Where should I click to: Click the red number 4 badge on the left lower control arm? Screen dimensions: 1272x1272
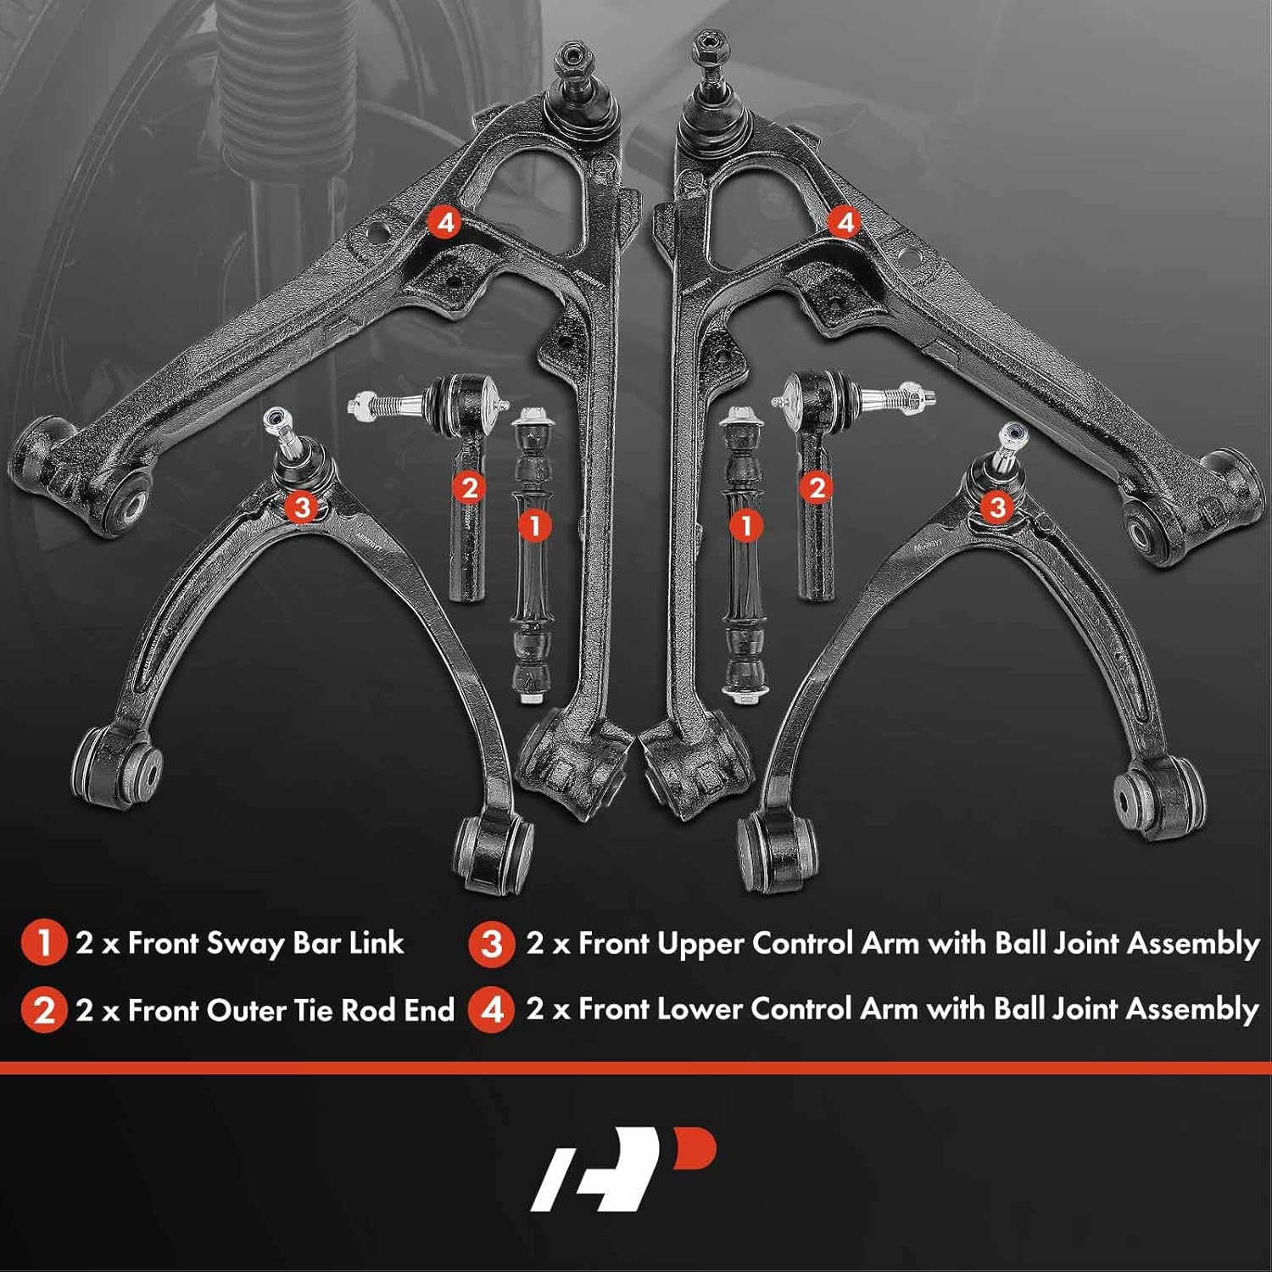click(x=444, y=223)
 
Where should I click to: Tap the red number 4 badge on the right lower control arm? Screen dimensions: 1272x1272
click(x=845, y=223)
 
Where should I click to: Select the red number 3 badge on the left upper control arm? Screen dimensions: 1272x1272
click(x=301, y=507)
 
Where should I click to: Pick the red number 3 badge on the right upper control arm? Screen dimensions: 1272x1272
click(x=997, y=507)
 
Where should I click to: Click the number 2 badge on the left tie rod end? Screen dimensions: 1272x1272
click(x=470, y=488)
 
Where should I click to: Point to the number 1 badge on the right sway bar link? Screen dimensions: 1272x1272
click(x=746, y=525)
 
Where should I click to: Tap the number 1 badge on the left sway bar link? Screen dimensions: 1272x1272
click(x=534, y=525)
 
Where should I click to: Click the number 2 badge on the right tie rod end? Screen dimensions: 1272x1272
click(x=817, y=488)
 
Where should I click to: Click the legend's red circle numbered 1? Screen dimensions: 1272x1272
click(x=43, y=943)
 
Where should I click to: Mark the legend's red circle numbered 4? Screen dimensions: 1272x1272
click(x=492, y=1010)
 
